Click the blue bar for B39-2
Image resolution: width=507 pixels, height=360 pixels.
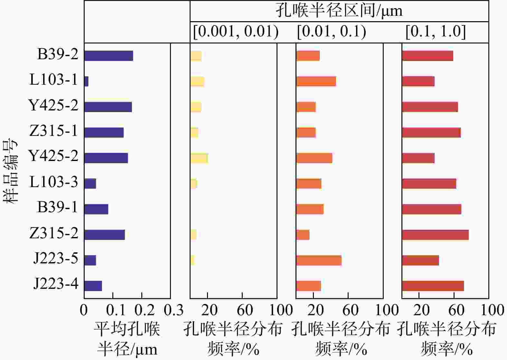pyautogui.click(x=108, y=56)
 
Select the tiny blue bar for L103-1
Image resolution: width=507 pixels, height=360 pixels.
pyautogui.click(x=86, y=81)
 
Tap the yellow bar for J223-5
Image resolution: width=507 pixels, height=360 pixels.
pyautogui.click(x=192, y=260)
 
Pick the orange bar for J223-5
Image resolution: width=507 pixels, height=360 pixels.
pyautogui.click(x=319, y=260)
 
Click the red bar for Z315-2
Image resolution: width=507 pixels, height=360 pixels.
pyautogui.click(x=435, y=235)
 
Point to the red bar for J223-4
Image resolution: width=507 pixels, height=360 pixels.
pyautogui.click(x=433, y=286)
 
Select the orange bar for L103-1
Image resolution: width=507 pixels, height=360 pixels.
pyautogui.click(x=316, y=81)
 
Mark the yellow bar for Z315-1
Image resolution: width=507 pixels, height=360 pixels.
pyautogui.click(x=194, y=132)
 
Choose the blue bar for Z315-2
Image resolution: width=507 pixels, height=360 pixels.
pyautogui.click(x=105, y=235)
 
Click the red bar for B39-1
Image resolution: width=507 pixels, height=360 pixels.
pyautogui.click(x=432, y=209)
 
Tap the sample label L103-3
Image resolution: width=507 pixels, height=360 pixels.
pyautogui.click(x=53, y=182)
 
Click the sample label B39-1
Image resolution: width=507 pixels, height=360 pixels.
pyautogui.click(x=58, y=207)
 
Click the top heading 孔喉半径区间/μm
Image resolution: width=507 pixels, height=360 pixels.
pyautogui.click(x=339, y=11)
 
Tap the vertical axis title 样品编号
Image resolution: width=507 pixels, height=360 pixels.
pyautogui.click(x=11, y=171)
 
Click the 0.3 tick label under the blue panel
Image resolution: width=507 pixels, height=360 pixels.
pyautogui.click(x=173, y=310)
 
